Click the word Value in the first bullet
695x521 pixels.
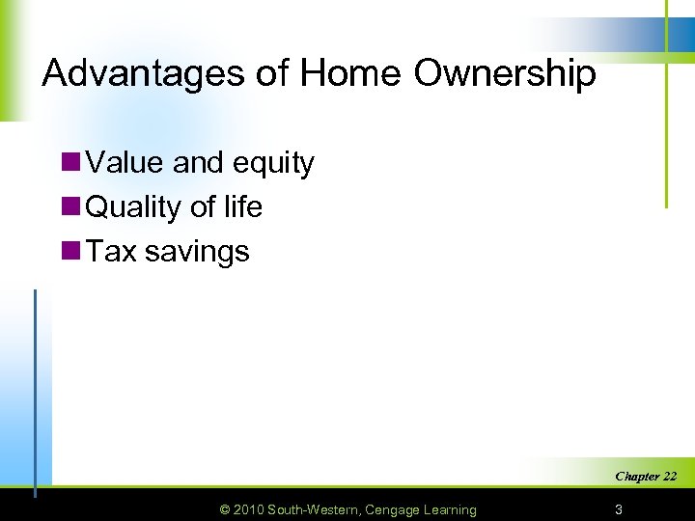click(125, 163)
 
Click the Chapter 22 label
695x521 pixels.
click(646, 477)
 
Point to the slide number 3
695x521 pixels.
click(619, 509)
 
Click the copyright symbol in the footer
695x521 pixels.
click(226, 509)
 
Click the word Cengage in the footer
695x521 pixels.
click(395, 510)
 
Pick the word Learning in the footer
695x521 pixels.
click(451, 510)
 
